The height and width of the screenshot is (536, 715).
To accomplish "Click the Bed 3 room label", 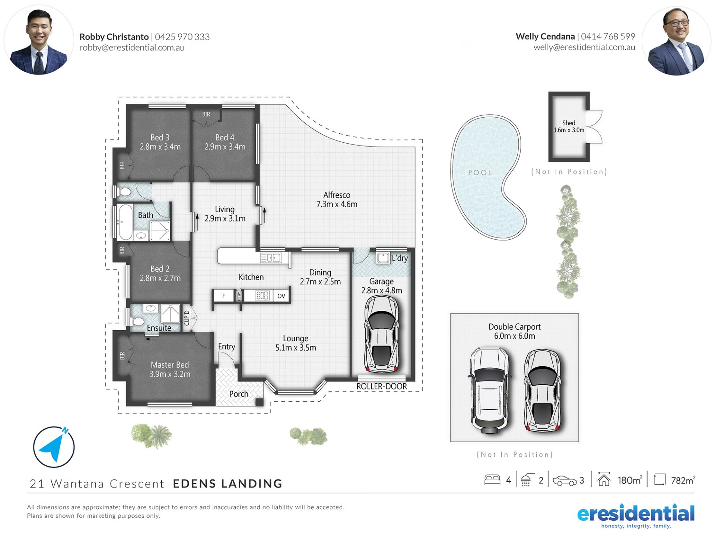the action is pos(160,137).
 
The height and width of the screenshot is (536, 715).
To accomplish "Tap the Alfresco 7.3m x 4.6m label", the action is pos(337,200).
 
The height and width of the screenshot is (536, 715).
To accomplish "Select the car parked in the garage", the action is pos(381,334).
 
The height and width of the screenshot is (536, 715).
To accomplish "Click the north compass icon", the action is pos(54,447).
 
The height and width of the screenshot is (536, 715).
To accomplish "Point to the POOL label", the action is pos(480,173).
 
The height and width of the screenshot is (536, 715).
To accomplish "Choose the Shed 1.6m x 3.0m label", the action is pos(569,126).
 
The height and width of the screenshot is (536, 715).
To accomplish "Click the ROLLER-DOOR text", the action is pos(381,386).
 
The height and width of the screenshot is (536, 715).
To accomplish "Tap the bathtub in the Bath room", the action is pos(125,222).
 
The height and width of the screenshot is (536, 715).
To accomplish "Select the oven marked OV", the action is pos(281,296).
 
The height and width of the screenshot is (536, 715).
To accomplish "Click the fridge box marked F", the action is pos(223,296).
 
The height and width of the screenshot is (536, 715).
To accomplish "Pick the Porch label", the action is pos(239,394).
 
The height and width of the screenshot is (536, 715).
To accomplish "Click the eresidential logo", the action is pos(636,516).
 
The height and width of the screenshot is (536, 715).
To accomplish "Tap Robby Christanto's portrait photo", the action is pos(39,40).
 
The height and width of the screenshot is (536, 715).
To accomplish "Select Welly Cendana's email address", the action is pos(584,47).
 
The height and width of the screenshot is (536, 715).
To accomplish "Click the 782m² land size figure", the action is pos(683,480).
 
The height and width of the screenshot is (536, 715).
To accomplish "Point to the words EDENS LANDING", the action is pos(228,484).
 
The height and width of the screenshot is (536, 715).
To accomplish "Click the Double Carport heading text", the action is pos(514,327).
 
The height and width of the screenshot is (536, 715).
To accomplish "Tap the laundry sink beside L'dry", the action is pos(383,258).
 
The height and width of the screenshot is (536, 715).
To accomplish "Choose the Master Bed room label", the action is pos(170,365).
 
